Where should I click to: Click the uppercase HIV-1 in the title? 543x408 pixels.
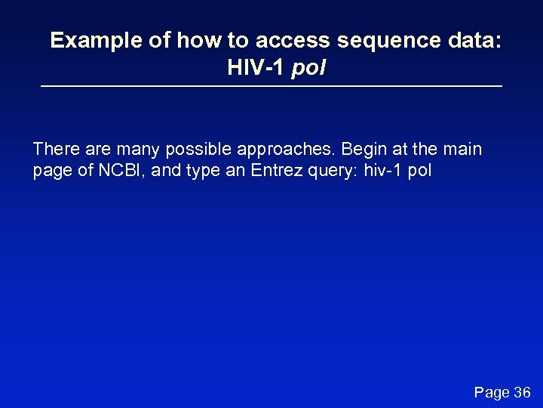click(256, 69)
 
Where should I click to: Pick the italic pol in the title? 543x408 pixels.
click(309, 70)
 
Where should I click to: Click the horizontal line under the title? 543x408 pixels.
click(271, 88)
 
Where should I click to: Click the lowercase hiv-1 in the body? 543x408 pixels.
click(382, 171)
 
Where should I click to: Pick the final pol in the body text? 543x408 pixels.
click(419, 171)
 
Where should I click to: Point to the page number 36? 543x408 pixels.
click(523, 393)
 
